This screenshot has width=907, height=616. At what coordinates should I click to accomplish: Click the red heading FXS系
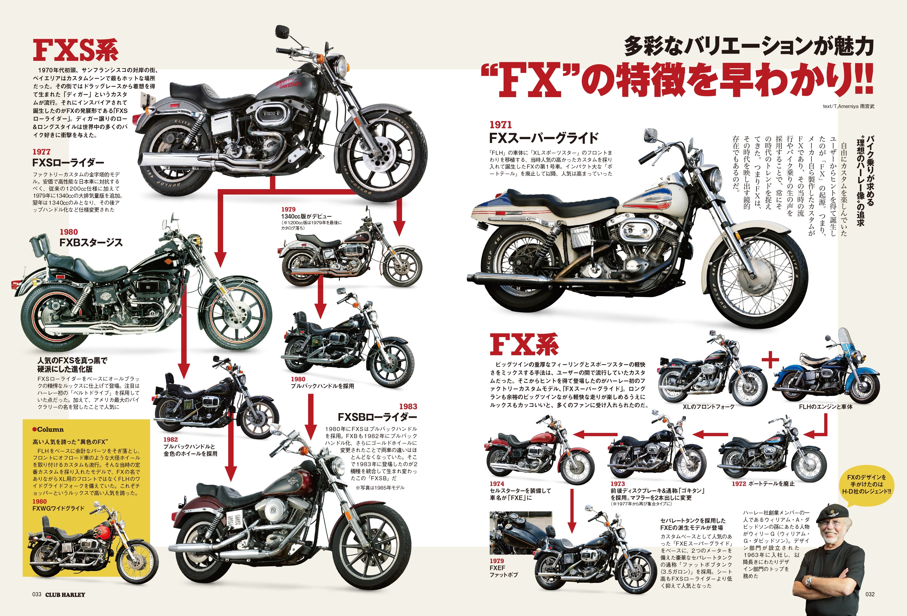(x=75, y=50)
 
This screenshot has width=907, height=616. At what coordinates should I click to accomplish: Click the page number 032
(x=870, y=594)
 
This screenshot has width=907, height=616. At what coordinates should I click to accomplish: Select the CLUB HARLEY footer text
(x=65, y=595)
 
